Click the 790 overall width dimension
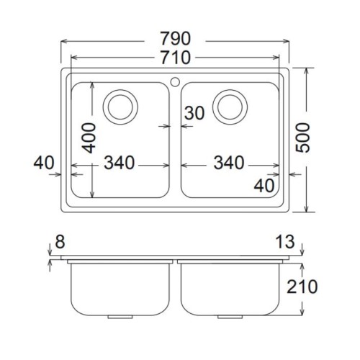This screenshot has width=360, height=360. tap(176, 38)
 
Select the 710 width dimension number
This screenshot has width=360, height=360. tap(176, 58)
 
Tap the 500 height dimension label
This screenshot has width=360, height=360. tap(303, 138)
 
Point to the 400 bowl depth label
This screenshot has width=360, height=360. tap(89, 138)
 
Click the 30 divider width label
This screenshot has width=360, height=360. tap(194, 113)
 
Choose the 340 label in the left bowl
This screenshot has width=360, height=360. tap(120, 163)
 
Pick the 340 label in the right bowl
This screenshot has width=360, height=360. tap(229, 163)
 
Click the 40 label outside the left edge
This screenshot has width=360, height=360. tap(44, 163)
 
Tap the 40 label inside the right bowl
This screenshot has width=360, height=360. tap(264, 186)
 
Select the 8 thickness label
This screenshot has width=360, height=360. tap(60, 242)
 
